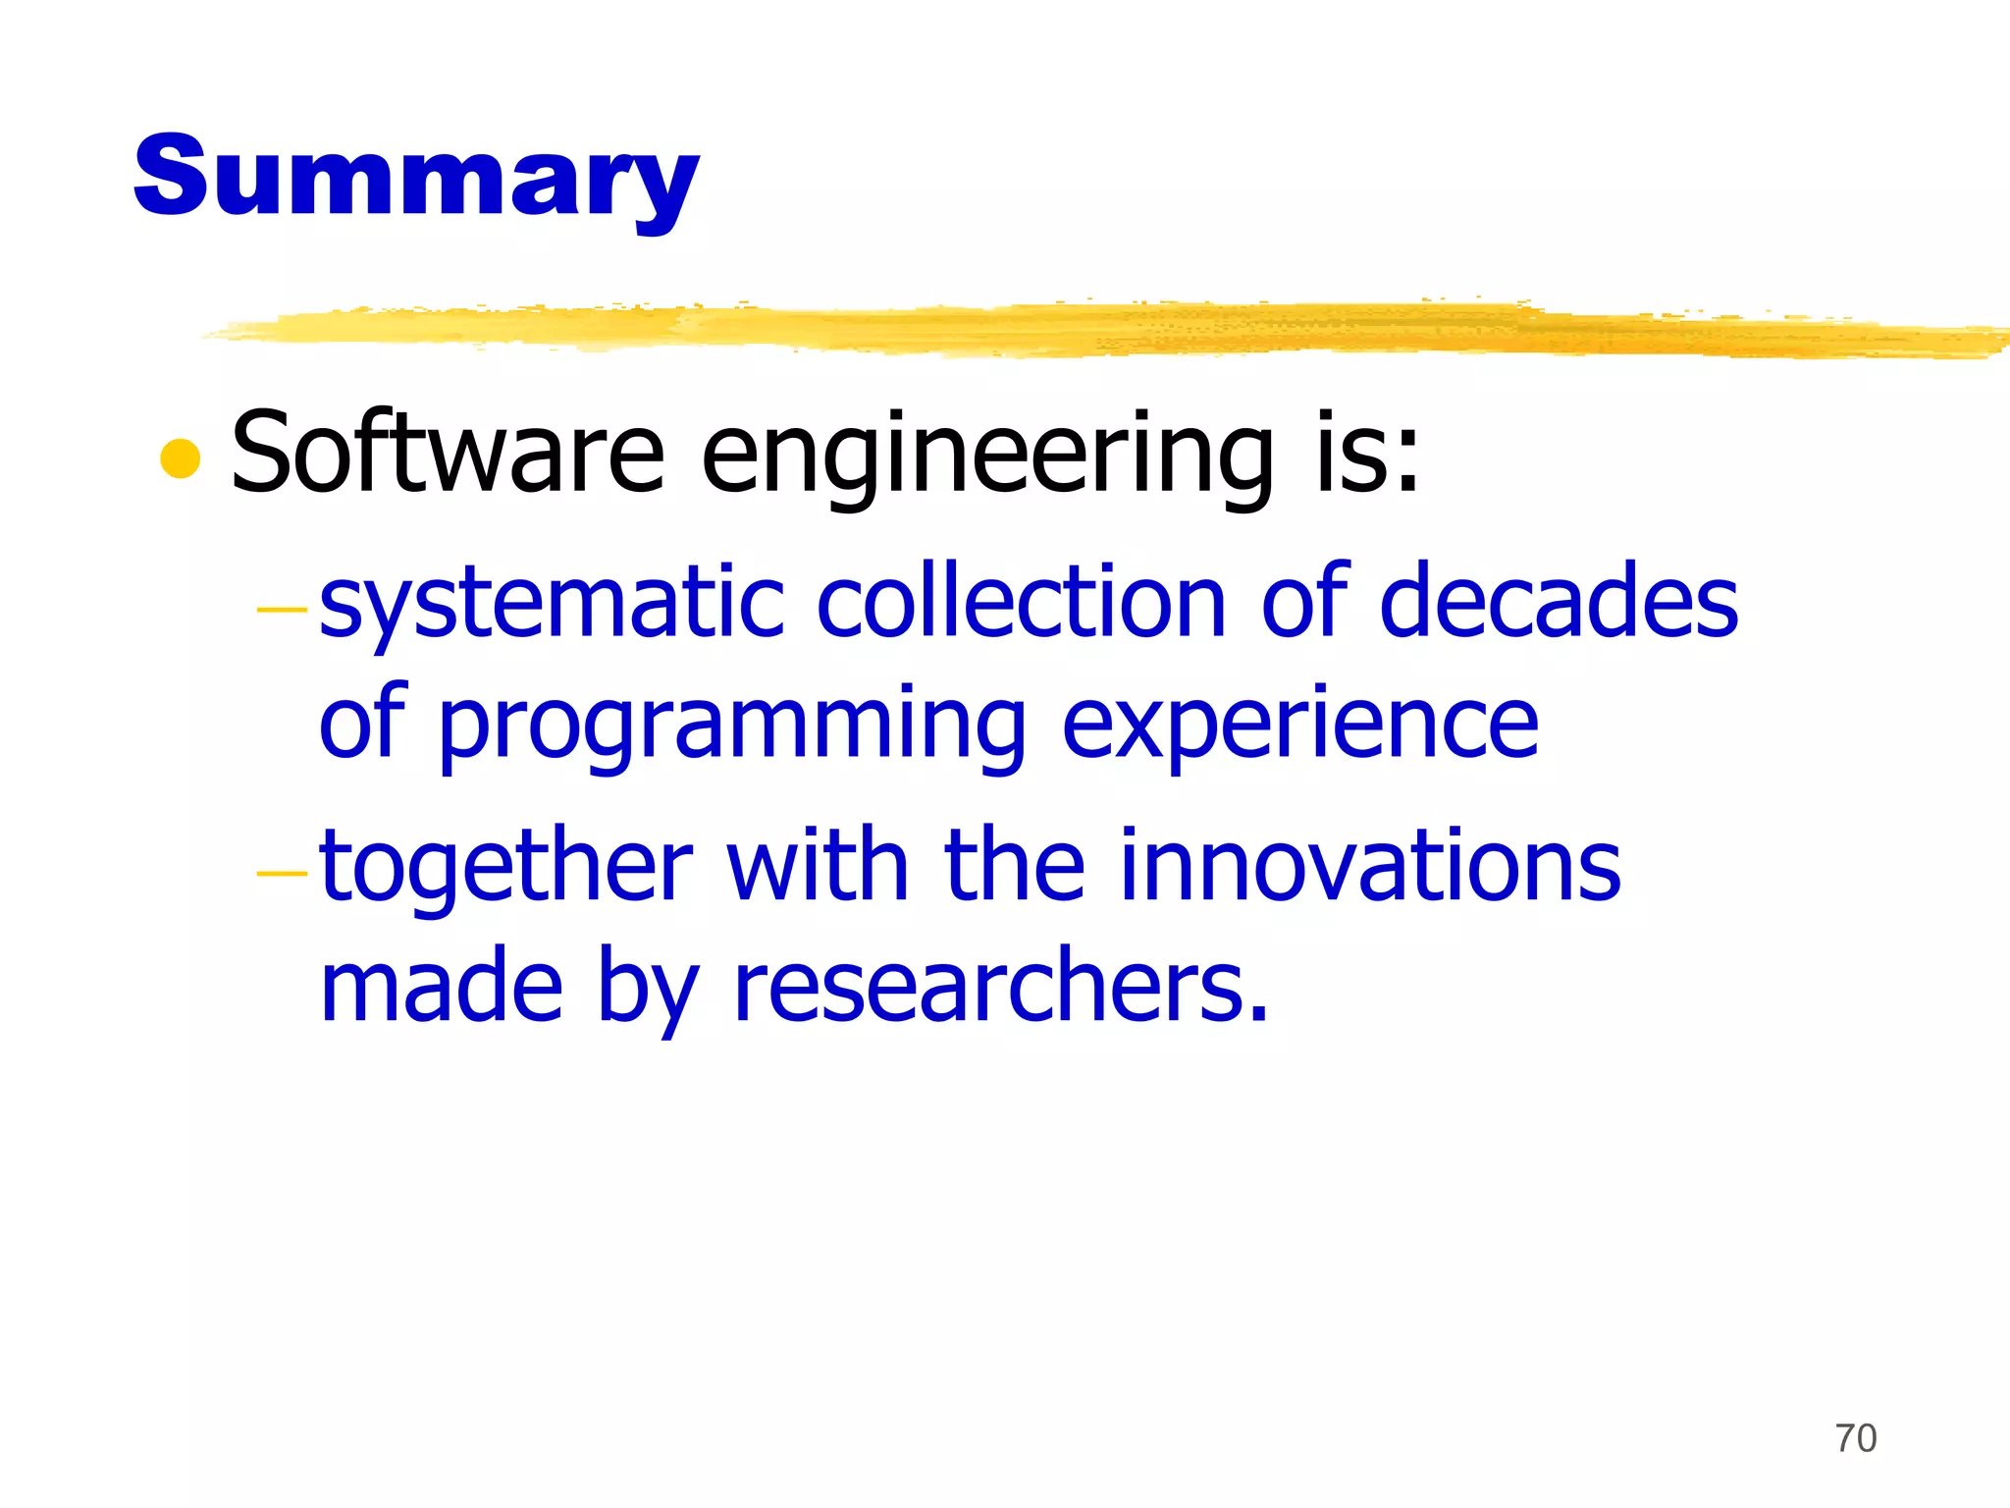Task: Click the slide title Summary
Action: point(416,178)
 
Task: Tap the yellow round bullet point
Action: point(181,458)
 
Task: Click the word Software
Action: point(448,454)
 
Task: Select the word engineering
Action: point(986,458)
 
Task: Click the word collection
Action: point(1021,601)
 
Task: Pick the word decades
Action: point(1559,601)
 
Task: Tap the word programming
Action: point(731,727)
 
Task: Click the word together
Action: point(506,866)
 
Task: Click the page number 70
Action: point(1855,1438)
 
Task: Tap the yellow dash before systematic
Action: point(282,611)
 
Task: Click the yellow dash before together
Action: point(282,873)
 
